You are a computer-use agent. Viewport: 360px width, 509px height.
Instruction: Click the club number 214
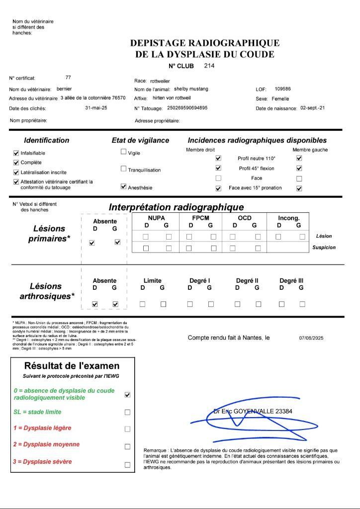(x=209, y=66)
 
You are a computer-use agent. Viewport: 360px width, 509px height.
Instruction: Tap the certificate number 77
(x=68, y=78)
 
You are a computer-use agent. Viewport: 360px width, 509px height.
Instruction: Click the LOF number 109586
(x=282, y=89)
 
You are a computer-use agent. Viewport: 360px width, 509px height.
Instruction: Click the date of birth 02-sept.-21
(x=312, y=108)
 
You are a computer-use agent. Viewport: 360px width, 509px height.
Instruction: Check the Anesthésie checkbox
(x=124, y=187)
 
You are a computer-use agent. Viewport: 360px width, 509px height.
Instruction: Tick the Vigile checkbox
(x=124, y=152)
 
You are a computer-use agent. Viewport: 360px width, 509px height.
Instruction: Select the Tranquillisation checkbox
(x=124, y=169)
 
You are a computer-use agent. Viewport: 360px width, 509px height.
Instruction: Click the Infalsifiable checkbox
(x=16, y=153)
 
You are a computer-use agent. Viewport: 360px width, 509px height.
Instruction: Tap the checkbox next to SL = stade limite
(x=127, y=412)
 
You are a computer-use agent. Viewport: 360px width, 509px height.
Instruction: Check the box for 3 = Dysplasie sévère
(x=127, y=465)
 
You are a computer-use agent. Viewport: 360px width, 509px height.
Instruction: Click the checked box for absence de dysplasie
(x=127, y=395)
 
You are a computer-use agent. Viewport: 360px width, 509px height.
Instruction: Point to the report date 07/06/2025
(x=311, y=338)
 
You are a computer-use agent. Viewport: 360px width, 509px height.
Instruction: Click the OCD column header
(x=245, y=218)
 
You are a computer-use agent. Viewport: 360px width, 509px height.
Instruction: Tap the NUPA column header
(x=156, y=218)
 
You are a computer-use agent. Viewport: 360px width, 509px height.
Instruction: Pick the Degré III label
(x=291, y=281)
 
